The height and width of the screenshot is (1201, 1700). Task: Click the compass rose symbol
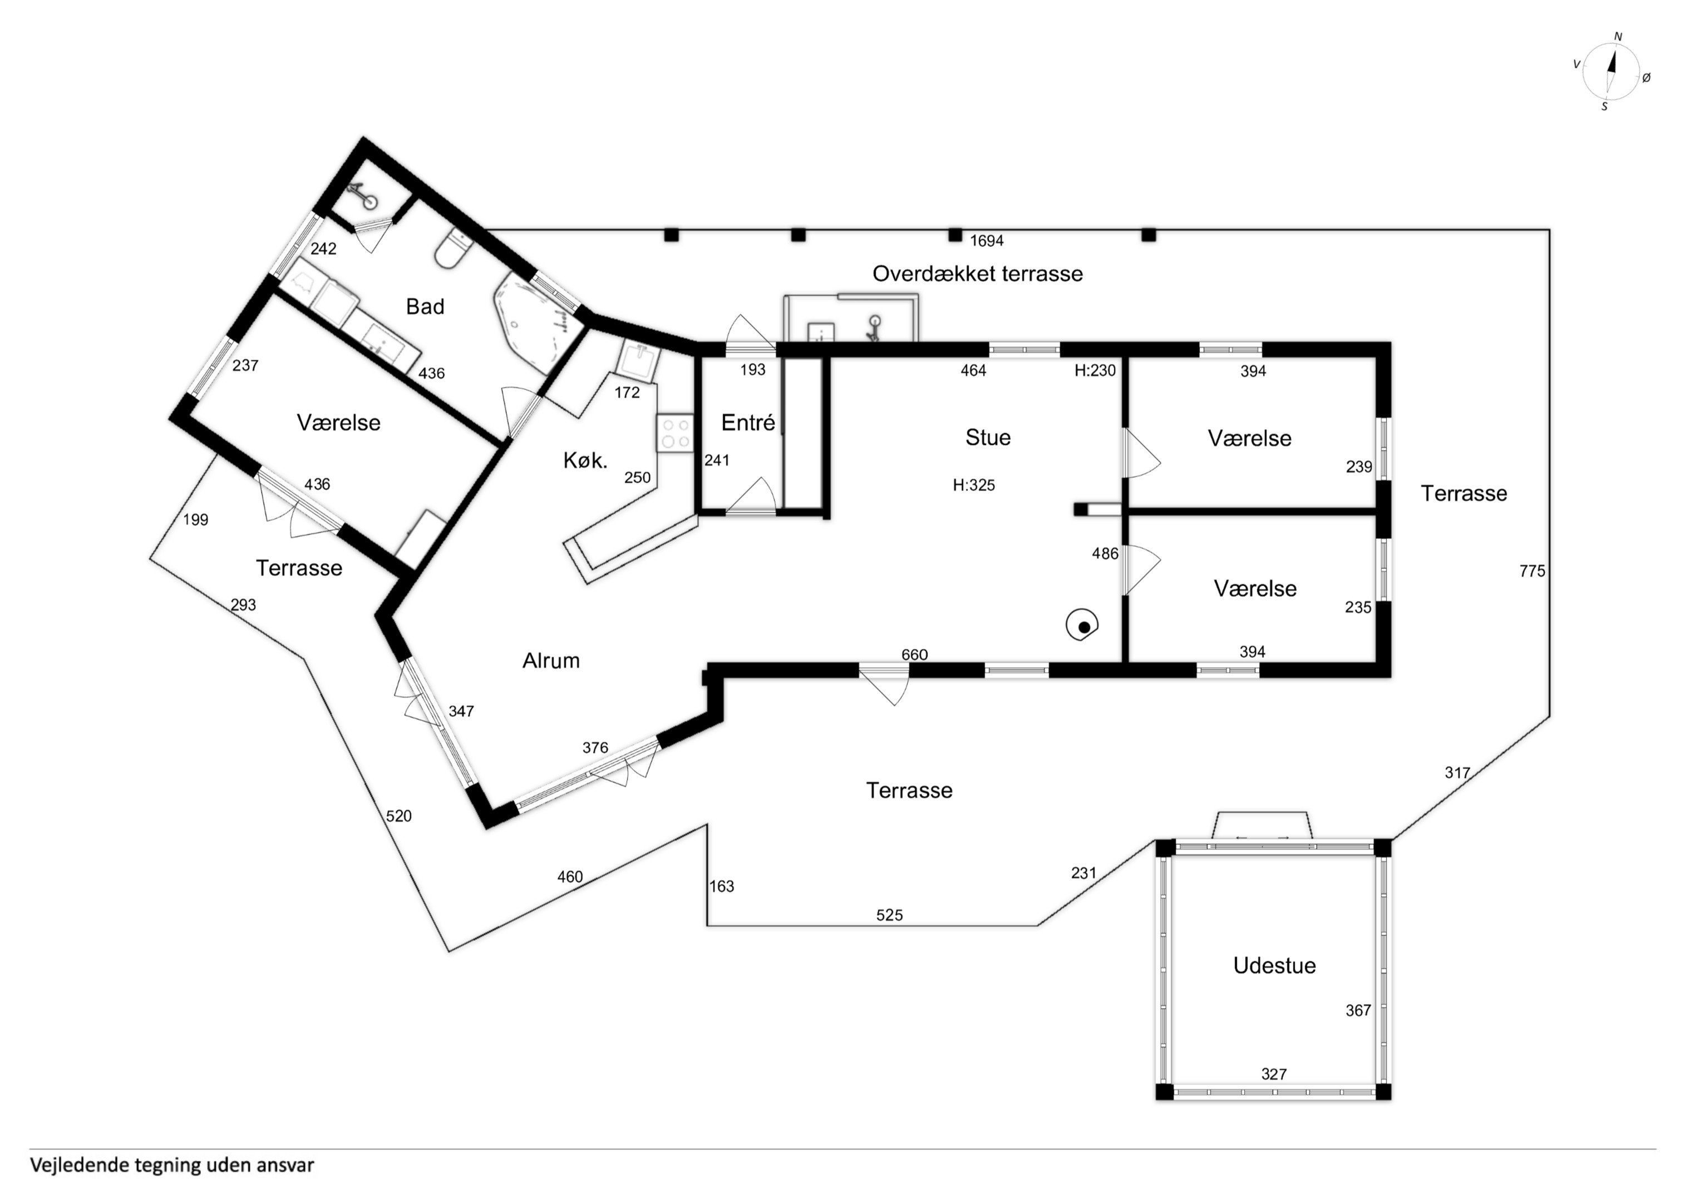[1611, 72]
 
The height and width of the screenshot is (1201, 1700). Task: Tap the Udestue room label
[1274, 966]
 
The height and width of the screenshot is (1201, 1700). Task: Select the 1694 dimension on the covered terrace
[987, 241]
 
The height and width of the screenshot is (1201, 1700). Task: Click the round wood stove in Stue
[1082, 626]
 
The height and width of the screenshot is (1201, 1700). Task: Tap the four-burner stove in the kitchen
[674, 433]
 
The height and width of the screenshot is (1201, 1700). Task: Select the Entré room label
[748, 423]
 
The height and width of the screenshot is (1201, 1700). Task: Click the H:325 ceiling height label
[974, 485]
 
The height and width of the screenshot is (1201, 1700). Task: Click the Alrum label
[551, 661]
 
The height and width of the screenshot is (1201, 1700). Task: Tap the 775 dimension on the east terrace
[1532, 571]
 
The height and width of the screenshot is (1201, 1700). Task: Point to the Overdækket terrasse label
[977, 274]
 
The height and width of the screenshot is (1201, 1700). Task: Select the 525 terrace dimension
[889, 915]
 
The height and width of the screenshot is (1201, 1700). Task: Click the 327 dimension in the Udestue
[1274, 1074]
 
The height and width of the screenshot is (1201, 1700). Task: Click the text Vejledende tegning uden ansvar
[172, 1165]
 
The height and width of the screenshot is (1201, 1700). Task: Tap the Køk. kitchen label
[585, 461]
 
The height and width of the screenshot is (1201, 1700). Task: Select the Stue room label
[988, 438]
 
